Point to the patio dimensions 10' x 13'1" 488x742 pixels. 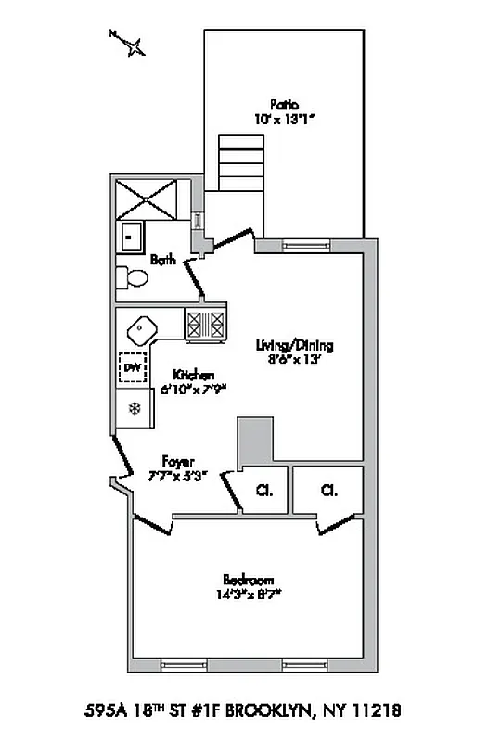[284, 118]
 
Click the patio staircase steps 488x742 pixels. [240, 163]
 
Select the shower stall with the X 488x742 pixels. [147, 199]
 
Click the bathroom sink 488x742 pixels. [132, 237]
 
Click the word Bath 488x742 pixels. [163, 261]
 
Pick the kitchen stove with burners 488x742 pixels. [206, 326]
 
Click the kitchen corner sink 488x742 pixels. [142, 330]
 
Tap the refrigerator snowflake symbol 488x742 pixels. [135, 408]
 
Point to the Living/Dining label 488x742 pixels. [294, 346]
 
